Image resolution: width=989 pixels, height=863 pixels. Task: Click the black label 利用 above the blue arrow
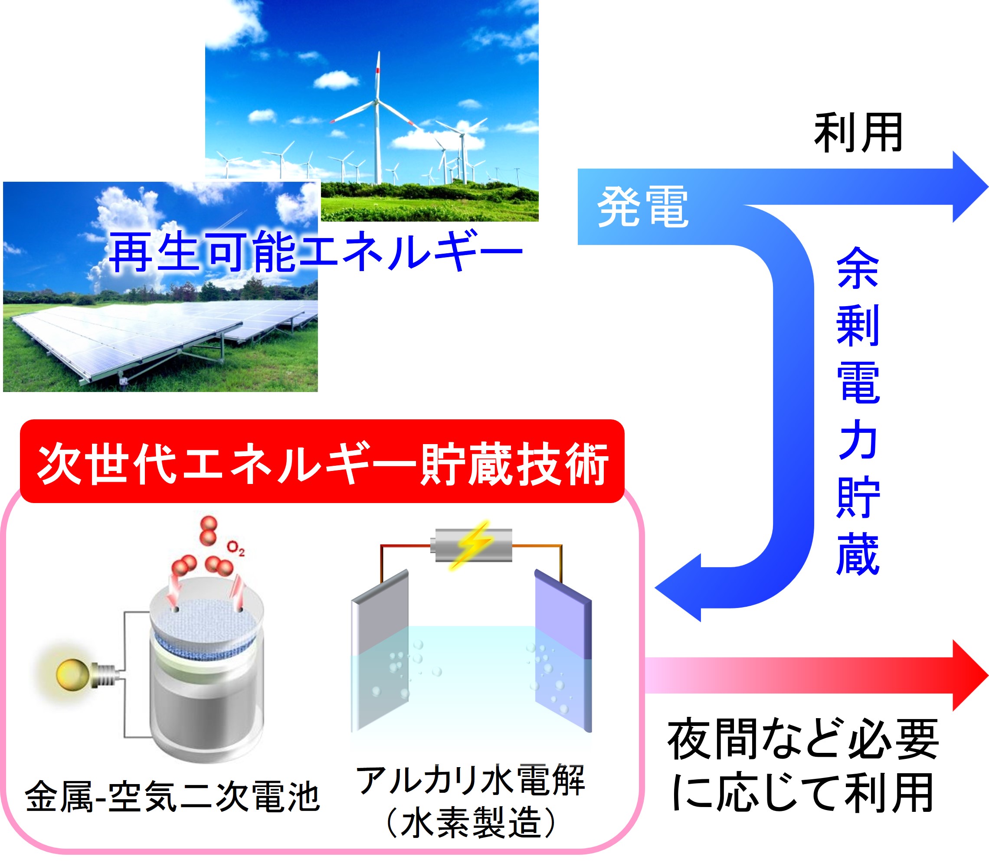[x=858, y=132]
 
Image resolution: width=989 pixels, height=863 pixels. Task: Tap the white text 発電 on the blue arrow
[x=643, y=207]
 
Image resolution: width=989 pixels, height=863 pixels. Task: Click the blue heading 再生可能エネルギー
[x=315, y=251]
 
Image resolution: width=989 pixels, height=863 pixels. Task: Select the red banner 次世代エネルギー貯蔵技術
[x=322, y=461]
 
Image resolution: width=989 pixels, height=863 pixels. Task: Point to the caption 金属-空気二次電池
[x=173, y=797]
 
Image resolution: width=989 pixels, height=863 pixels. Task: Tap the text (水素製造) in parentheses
[x=470, y=823]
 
